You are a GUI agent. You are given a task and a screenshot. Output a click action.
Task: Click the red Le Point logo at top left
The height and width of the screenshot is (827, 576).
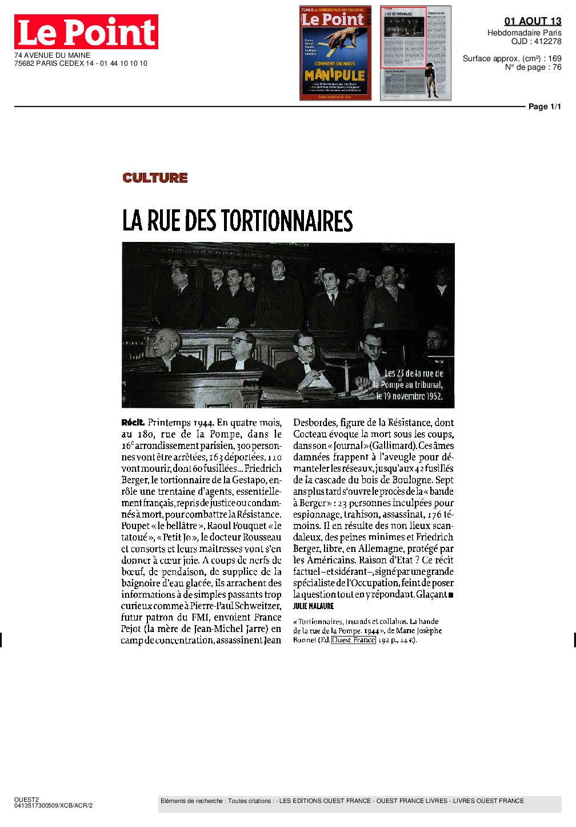coord(86,32)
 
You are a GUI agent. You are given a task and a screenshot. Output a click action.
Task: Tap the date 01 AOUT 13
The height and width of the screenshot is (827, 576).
coord(533,21)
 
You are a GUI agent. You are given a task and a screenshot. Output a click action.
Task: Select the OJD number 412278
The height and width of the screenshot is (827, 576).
coord(547,41)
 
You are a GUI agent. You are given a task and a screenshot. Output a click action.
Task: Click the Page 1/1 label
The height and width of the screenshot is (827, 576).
coord(544,106)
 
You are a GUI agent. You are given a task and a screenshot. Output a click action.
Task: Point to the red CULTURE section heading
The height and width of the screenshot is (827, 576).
coord(155,178)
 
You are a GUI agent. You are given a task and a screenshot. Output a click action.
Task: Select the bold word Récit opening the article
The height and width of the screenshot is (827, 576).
coord(133,423)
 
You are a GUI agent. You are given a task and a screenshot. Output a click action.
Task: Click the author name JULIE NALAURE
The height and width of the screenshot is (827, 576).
coord(313,606)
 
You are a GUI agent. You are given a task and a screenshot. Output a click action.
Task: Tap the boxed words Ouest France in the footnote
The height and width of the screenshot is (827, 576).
coord(354,640)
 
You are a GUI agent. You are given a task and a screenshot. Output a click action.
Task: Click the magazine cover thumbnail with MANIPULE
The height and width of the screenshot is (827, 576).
coord(335,53)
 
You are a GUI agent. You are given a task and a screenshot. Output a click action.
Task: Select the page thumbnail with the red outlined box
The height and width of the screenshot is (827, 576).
coord(415,53)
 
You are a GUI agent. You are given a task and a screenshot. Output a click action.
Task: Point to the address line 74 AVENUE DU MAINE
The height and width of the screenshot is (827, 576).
coord(52,55)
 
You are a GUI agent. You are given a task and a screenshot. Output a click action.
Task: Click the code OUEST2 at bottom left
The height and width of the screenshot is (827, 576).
coord(26,800)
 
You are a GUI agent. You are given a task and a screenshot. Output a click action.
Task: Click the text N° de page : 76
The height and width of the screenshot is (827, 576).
coord(533,67)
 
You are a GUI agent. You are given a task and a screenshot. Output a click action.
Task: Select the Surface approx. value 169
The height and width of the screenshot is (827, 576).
coord(554,58)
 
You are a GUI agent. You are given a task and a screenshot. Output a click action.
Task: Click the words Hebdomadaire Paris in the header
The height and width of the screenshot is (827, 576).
coord(524,33)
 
